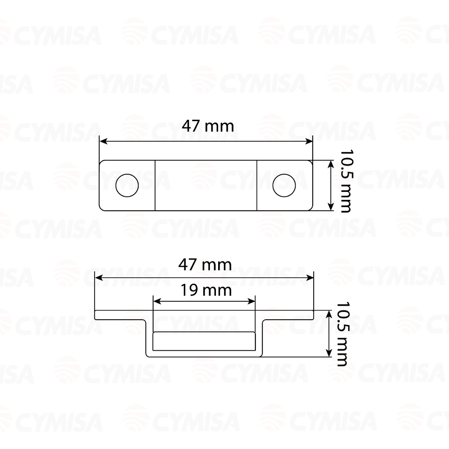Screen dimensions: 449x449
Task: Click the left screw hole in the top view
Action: pos(127,185)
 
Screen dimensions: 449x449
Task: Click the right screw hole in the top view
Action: pos(284,185)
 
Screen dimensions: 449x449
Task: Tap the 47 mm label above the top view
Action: pos(208,126)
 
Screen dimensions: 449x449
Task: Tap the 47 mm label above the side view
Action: pos(205,265)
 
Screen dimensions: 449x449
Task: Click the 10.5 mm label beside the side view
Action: pos(343,334)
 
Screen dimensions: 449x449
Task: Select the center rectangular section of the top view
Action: pos(206,185)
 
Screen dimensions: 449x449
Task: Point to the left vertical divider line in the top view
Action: pos(155,185)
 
